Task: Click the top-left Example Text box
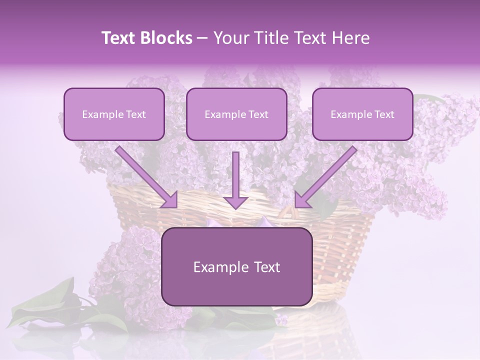[x=114, y=114]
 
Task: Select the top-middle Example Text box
[x=236, y=114]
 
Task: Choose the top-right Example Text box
[x=362, y=114]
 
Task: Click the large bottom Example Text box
[x=237, y=266]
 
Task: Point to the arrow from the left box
[x=145, y=175]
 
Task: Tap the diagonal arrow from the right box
[x=327, y=175]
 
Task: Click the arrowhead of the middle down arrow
[x=235, y=202]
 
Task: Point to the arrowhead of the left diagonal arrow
[x=170, y=200]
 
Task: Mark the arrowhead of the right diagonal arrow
[x=302, y=200]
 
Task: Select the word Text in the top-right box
[x=384, y=114]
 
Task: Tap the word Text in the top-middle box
[x=258, y=114]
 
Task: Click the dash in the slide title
[x=202, y=38]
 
